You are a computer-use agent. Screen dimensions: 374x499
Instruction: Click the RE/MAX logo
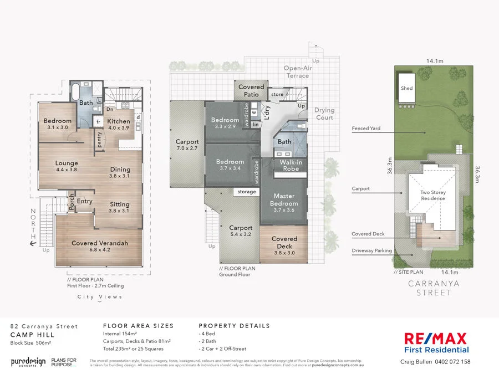(435, 339)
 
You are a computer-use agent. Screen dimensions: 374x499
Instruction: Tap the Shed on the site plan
(406, 89)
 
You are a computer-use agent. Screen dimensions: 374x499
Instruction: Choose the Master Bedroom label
(284, 199)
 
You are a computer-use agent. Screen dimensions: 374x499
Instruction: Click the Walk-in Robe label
(289, 165)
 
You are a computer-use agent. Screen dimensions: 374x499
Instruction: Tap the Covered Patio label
(251, 91)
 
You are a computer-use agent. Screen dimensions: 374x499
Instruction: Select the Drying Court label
(324, 114)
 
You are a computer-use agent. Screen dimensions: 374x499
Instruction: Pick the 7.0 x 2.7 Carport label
(187, 145)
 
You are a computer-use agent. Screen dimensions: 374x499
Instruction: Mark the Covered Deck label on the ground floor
(284, 242)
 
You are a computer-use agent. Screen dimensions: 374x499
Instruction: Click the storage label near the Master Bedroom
(247, 192)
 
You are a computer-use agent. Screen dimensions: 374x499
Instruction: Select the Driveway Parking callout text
(371, 251)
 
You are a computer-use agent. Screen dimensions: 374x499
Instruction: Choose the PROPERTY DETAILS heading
(234, 326)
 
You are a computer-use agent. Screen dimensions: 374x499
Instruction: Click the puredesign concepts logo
(28, 362)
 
